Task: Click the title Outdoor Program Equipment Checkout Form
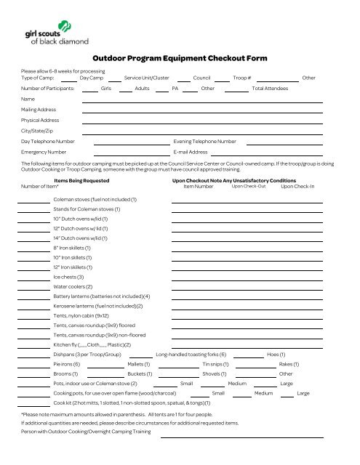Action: click(180, 58)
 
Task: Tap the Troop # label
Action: click(242, 76)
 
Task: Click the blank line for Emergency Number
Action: click(121, 153)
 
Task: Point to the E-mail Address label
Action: click(191, 153)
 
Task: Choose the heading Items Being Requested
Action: click(81, 180)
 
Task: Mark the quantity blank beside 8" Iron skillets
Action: click(33, 248)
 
